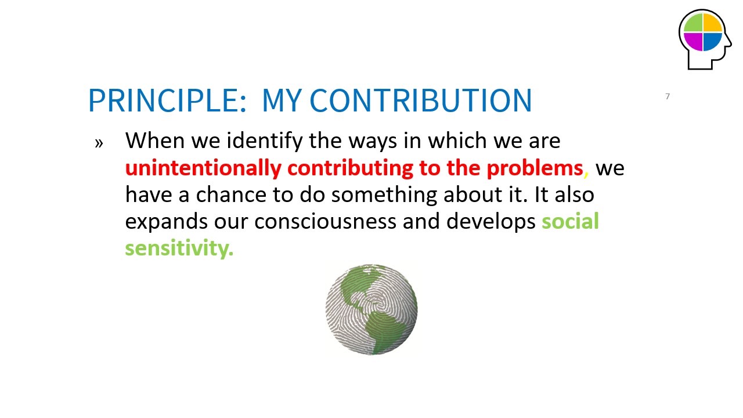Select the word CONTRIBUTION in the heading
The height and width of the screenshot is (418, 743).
coord(421,100)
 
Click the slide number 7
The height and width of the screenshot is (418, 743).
coord(668,96)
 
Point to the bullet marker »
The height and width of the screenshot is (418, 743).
coord(99,143)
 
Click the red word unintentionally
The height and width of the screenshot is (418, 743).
coord(203,168)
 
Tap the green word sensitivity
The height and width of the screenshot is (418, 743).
coord(179,248)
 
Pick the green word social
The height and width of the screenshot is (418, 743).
coord(570,221)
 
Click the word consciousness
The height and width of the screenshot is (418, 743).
coord(325,222)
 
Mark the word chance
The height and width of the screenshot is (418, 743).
coord(231,194)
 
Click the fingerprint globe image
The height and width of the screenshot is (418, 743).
coord(371,309)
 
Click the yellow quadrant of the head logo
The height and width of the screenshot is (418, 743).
coord(712,23)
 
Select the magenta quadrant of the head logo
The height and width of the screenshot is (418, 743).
coord(694,41)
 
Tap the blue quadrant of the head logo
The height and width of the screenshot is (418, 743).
coord(712,41)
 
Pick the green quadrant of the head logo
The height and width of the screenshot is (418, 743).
coord(694,23)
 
